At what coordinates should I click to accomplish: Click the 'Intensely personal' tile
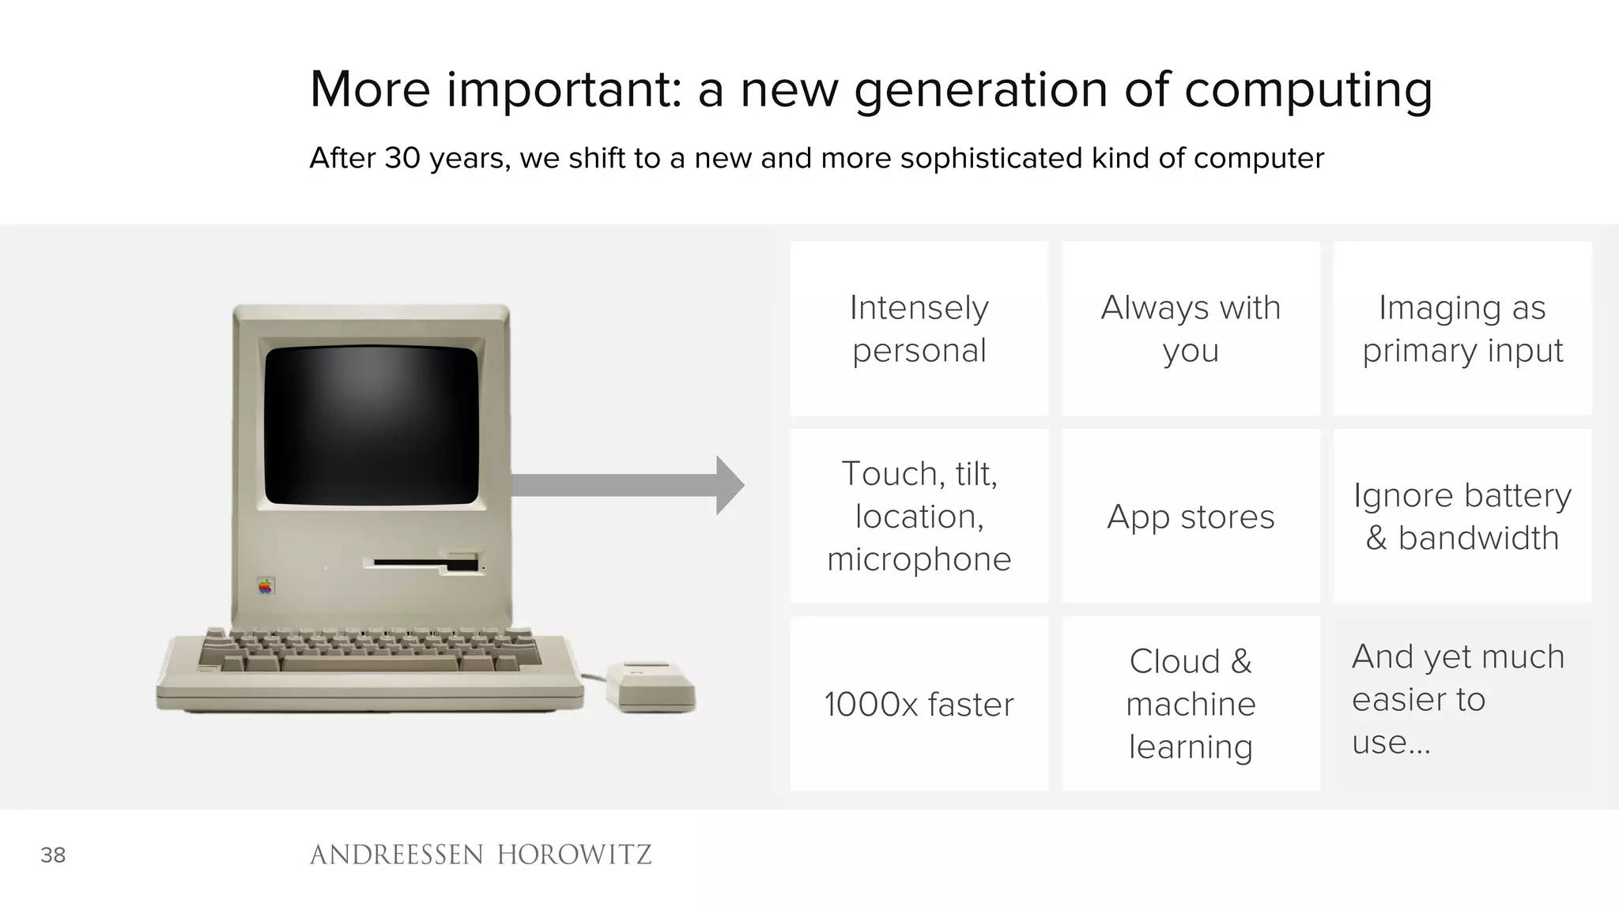point(919,329)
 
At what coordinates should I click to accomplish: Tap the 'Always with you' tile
point(1191,329)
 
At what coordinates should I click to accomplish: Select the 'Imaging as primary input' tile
point(1462,329)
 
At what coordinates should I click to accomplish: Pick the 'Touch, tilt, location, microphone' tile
point(919,516)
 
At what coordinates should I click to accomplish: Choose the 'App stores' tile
point(1191,516)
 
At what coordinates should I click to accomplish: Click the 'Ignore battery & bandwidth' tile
point(1462,516)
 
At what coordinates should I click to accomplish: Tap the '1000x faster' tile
point(919,704)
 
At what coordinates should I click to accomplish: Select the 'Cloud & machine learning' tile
point(1191,704)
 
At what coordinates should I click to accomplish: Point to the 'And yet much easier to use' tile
point(1462,704)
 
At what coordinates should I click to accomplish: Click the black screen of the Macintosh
point(372,425)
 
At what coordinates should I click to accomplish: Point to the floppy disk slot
point(425,564)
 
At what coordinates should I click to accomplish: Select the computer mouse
point(651,686)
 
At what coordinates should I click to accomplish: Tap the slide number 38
point(53,855)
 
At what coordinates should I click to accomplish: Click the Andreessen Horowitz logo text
point(480,855)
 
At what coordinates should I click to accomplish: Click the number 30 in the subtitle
point(402,158)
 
